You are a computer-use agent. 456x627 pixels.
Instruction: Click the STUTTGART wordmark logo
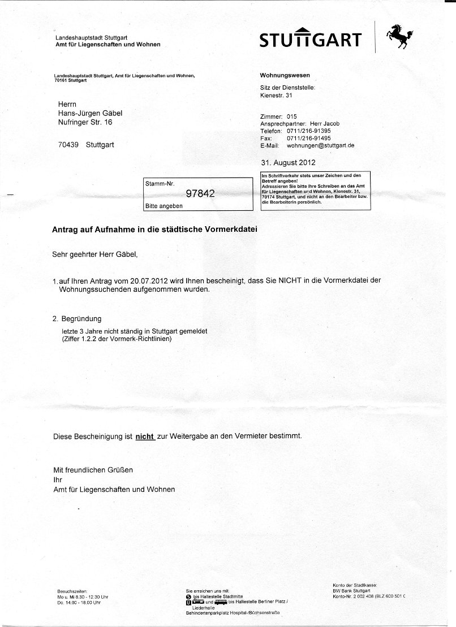(x=311, y=39)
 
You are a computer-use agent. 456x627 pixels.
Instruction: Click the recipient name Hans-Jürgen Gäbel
(x=91, y=113)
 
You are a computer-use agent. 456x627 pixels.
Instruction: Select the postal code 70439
(x=69, y=145)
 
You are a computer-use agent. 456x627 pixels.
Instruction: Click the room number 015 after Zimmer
(x=292, y=116)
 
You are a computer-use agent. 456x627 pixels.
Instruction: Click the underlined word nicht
(x=145, y=436)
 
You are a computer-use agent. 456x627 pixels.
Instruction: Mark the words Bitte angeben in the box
(x=164, y=206)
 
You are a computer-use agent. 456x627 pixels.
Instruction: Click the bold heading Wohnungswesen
(x=285, y=75)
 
